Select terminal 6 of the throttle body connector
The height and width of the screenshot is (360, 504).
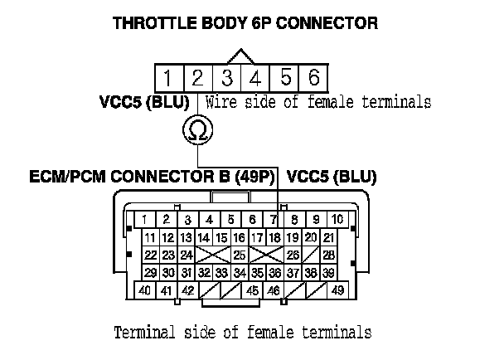pos(313,79)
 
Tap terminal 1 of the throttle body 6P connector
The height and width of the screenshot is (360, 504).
pos(167,79)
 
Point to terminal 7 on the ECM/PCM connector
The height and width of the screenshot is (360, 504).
pos(274,220)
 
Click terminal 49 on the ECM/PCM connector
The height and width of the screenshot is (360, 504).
pos(337,291)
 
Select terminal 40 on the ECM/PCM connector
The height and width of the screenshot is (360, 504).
pos(145,291)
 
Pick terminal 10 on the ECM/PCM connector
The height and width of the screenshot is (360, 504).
pos(337,220)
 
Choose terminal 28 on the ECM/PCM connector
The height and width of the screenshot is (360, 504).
pos(329,255)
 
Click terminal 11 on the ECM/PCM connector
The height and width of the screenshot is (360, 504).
pos(150,238)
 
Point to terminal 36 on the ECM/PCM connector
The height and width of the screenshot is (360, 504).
pos(275,272)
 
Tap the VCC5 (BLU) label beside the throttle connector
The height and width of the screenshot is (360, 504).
pos(143,103)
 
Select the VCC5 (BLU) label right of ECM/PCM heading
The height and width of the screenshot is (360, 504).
pos(332,177)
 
